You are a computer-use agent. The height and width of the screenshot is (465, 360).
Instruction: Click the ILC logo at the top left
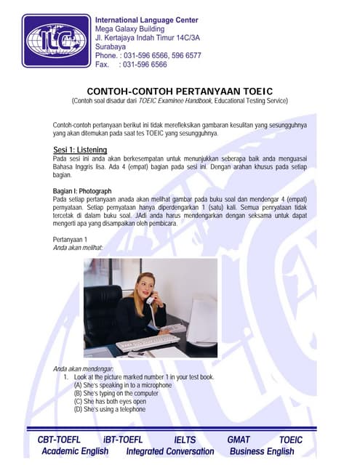(57, 40)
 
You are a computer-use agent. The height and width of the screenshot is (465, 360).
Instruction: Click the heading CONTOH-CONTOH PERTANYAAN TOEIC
(180, 90)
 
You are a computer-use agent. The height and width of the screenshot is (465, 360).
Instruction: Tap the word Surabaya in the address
(113, 45)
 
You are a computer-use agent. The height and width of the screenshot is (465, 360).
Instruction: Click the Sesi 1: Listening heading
(80, 150)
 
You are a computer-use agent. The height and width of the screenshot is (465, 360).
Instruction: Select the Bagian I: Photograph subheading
(82, 190)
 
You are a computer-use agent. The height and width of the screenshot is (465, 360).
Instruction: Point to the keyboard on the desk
(147, 341)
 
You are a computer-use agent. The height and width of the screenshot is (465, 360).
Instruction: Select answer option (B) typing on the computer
(119, 393)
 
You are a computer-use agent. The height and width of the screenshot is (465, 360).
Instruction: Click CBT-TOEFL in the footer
(60, 440)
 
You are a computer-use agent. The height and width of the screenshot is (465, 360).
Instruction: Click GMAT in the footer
(239, 440)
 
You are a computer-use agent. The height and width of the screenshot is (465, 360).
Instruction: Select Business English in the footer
(262, 451)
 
